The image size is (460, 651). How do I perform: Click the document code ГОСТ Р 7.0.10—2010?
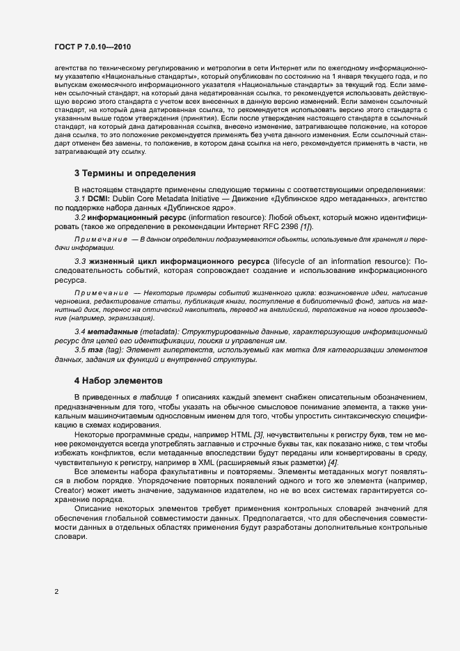click(92, 47)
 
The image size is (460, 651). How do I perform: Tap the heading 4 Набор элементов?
click(118, 381)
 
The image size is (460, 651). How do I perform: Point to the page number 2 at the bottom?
click(56, 593)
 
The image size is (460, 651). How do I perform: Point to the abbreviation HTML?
click(242, 434)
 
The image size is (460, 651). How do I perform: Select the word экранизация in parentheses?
click(123, 317)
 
